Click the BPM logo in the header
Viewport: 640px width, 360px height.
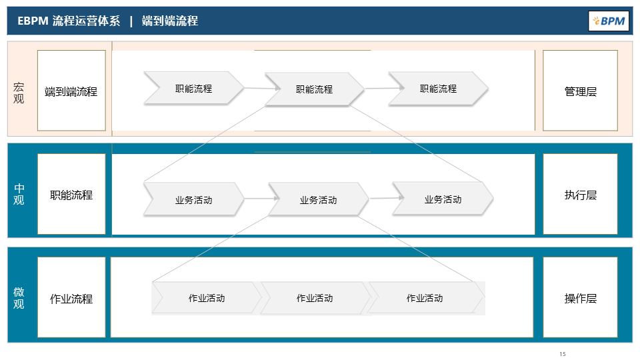click(x=608, y=21)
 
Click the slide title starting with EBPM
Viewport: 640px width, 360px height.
click(x=107, y=21)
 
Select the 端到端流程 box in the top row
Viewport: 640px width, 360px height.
click(x=71, y=91)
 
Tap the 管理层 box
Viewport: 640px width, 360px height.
click(x=580, y=91)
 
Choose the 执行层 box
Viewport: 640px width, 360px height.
click(x=580, y=195)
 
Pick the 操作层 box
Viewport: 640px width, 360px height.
click(x=580, y=298)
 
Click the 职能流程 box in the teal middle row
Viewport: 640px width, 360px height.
click(x=71, y=195)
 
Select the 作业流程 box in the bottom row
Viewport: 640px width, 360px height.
click(x=71, y=298)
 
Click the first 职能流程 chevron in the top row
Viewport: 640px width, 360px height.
click(x=193, y=88)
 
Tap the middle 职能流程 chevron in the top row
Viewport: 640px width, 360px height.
click(x=314, y=89)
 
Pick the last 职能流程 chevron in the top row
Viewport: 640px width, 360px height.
click(x=438, y=88)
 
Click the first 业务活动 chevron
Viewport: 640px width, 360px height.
click(x=193, y=199)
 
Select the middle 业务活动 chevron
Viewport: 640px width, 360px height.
click(x=318, y=199)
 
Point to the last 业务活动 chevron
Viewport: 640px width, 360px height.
click(x=443, y=199)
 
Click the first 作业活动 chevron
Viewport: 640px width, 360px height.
click(x=206, y=298)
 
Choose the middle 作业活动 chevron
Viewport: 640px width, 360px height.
click(x=314, y=298)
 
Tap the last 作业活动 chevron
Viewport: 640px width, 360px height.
click(x=425, y=298)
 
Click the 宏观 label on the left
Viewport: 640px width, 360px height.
click(x=19, y=93)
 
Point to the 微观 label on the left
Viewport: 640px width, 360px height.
click(x=19, y=298)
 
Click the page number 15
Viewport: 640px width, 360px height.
click(x=563, y=353)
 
